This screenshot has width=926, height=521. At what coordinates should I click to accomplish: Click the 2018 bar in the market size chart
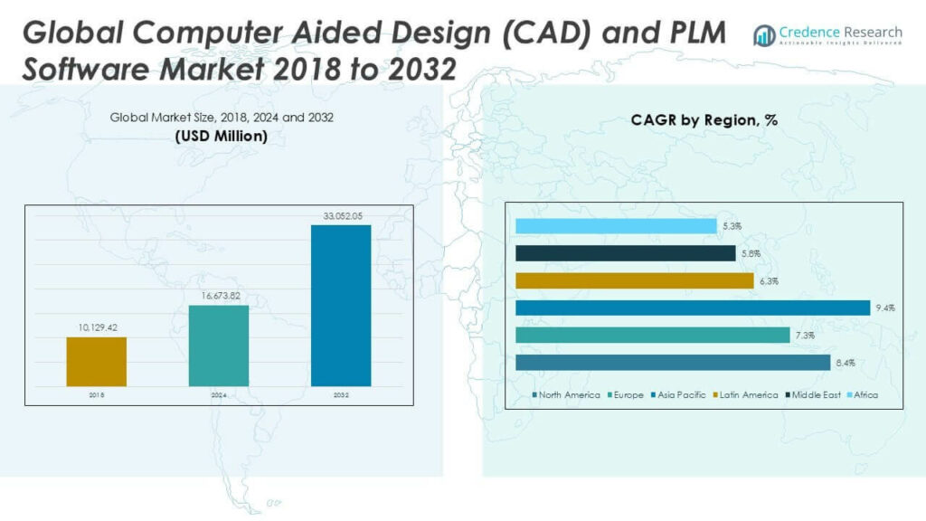(x=96, y=362)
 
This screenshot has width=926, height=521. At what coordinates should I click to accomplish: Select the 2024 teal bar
(x=218, y=346)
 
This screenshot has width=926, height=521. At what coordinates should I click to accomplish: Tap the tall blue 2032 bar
(x=340, y=306)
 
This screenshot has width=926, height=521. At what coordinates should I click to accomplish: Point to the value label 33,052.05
(x=340, y=216)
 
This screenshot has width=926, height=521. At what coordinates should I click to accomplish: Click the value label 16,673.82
(x=218, y=296)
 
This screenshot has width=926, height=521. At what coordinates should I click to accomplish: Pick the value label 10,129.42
(x=96, y=328)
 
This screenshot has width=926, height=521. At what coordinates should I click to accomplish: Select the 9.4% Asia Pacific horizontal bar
(x=692, y=308)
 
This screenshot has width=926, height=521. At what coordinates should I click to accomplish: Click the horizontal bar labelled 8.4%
(x=672, y=363)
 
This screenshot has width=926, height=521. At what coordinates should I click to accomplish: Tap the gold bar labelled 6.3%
(x=634, y=281)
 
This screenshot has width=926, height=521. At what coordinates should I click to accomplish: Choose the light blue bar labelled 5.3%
(x=616, y=226)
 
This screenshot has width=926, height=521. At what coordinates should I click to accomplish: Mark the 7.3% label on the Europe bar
(x=805, y=336)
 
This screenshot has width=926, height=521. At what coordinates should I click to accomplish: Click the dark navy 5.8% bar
(x=625, y=254)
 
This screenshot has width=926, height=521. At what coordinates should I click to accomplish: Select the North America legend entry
(x=567, y=395)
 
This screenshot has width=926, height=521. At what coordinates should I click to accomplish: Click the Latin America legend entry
(x=746, y=395)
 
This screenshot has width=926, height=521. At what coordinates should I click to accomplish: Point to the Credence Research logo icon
(x=764, y=34)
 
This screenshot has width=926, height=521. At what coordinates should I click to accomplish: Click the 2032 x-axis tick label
(x=340, y=395)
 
